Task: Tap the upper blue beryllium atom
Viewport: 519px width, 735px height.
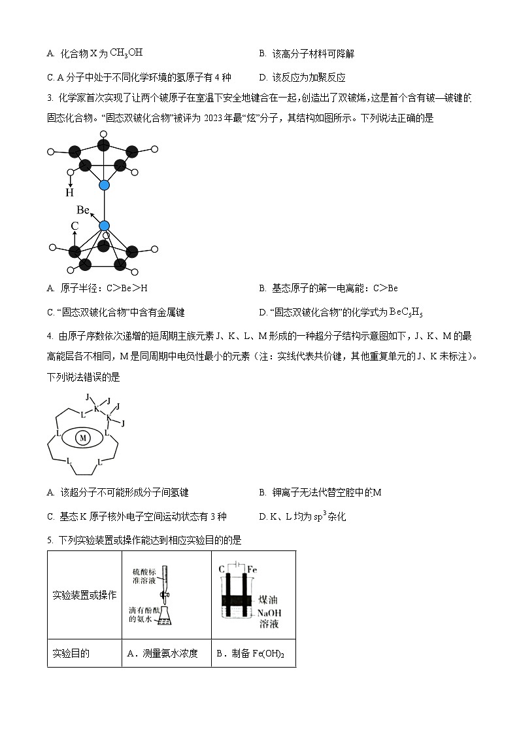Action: (x=105, y=185)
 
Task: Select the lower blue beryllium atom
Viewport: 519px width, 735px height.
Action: (x=105, y=226)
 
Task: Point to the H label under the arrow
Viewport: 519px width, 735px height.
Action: (x=69, y=193)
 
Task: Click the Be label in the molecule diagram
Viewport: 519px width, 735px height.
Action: (x=83, y=210)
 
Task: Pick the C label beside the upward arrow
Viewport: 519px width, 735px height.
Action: (x=75, y=225)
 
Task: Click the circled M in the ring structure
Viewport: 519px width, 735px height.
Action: (x=83, y=438)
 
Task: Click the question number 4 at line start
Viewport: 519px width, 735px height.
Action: (x=50, y=336)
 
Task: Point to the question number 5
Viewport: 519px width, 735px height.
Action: (x=50, y=540)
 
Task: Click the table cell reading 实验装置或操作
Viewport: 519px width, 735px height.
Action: (x=84, y=595)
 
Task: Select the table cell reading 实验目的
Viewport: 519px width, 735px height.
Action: (x=71, y=653)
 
